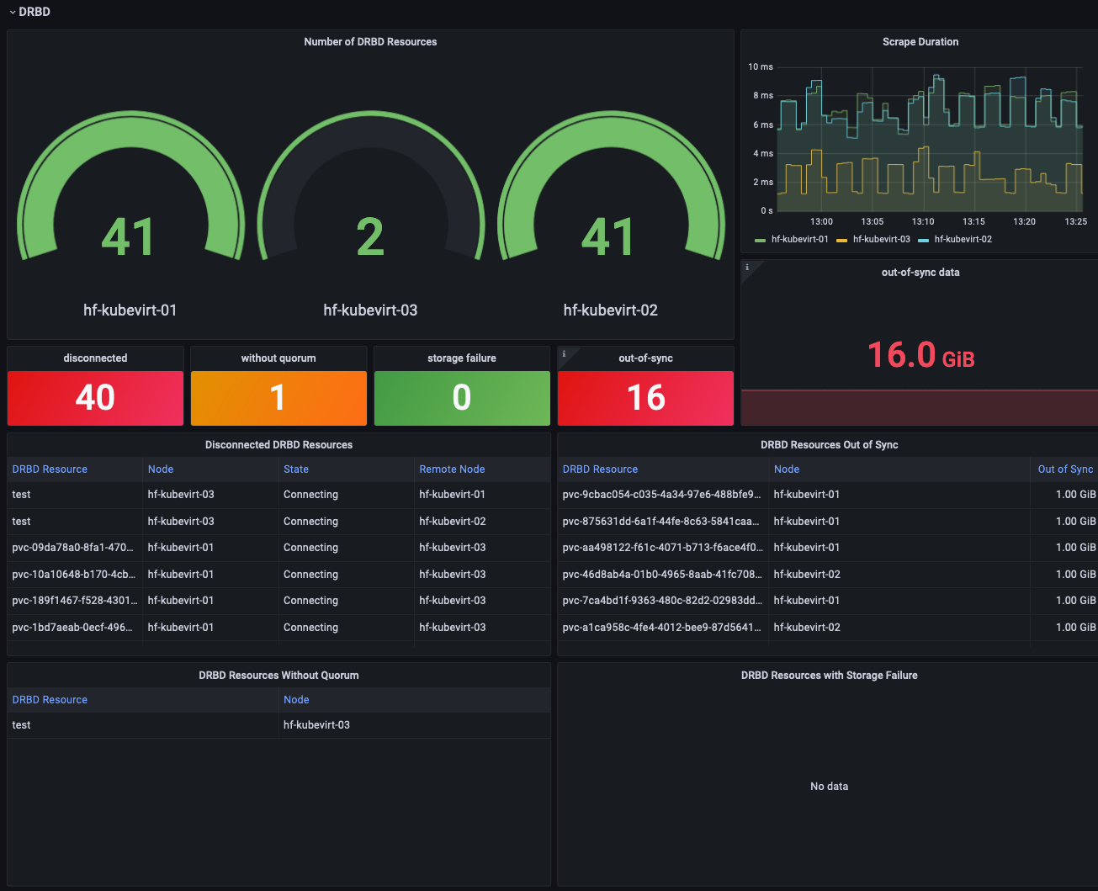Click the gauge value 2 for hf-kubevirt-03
(370, 237)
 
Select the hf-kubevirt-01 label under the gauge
(130, 310)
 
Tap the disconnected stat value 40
(95, 398)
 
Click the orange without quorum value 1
(278, 398)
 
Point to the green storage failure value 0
(461, 398)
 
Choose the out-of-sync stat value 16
(645, 398)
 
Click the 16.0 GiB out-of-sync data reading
(920, 355)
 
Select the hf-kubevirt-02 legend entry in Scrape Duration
(963, 240)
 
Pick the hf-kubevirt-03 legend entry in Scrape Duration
(881, 240)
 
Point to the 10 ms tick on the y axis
(761, 66)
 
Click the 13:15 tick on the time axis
(973, 222)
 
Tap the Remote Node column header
(452, 469)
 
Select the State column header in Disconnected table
(296, 469)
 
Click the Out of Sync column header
(1064, 469)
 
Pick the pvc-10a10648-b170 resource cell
(73, 575)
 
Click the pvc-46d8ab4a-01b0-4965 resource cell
(661, 575)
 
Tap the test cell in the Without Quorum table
(22, 725)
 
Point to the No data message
(829, 787)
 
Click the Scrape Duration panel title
(920, 42)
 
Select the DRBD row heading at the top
(34, 12)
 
